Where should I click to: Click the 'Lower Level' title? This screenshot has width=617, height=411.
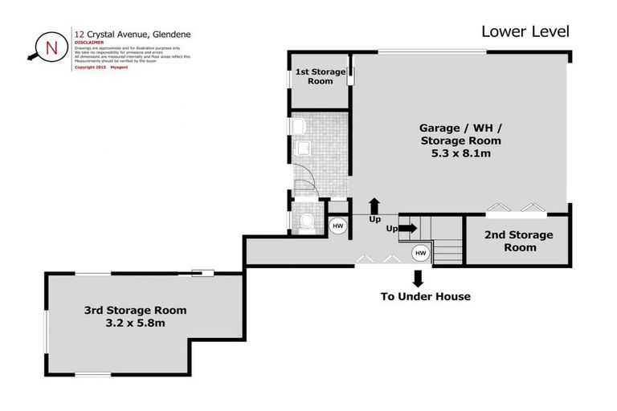[525, 31]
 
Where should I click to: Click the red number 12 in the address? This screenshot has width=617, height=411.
[79, 35]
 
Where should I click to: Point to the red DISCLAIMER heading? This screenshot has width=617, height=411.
[88, 43]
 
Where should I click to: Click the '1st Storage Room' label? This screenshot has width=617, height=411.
[320, 76]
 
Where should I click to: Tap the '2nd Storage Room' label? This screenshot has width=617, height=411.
[517, 241]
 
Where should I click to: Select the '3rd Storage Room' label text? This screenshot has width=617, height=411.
[135, 310]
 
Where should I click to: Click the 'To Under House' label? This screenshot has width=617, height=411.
[425, 296]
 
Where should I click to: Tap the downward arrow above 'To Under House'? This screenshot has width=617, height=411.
[418, 279]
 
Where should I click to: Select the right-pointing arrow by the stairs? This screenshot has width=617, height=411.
[407, 228]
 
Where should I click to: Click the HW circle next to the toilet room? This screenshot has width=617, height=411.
[338, 226]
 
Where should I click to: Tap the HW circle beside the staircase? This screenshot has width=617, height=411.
[420, 253]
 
